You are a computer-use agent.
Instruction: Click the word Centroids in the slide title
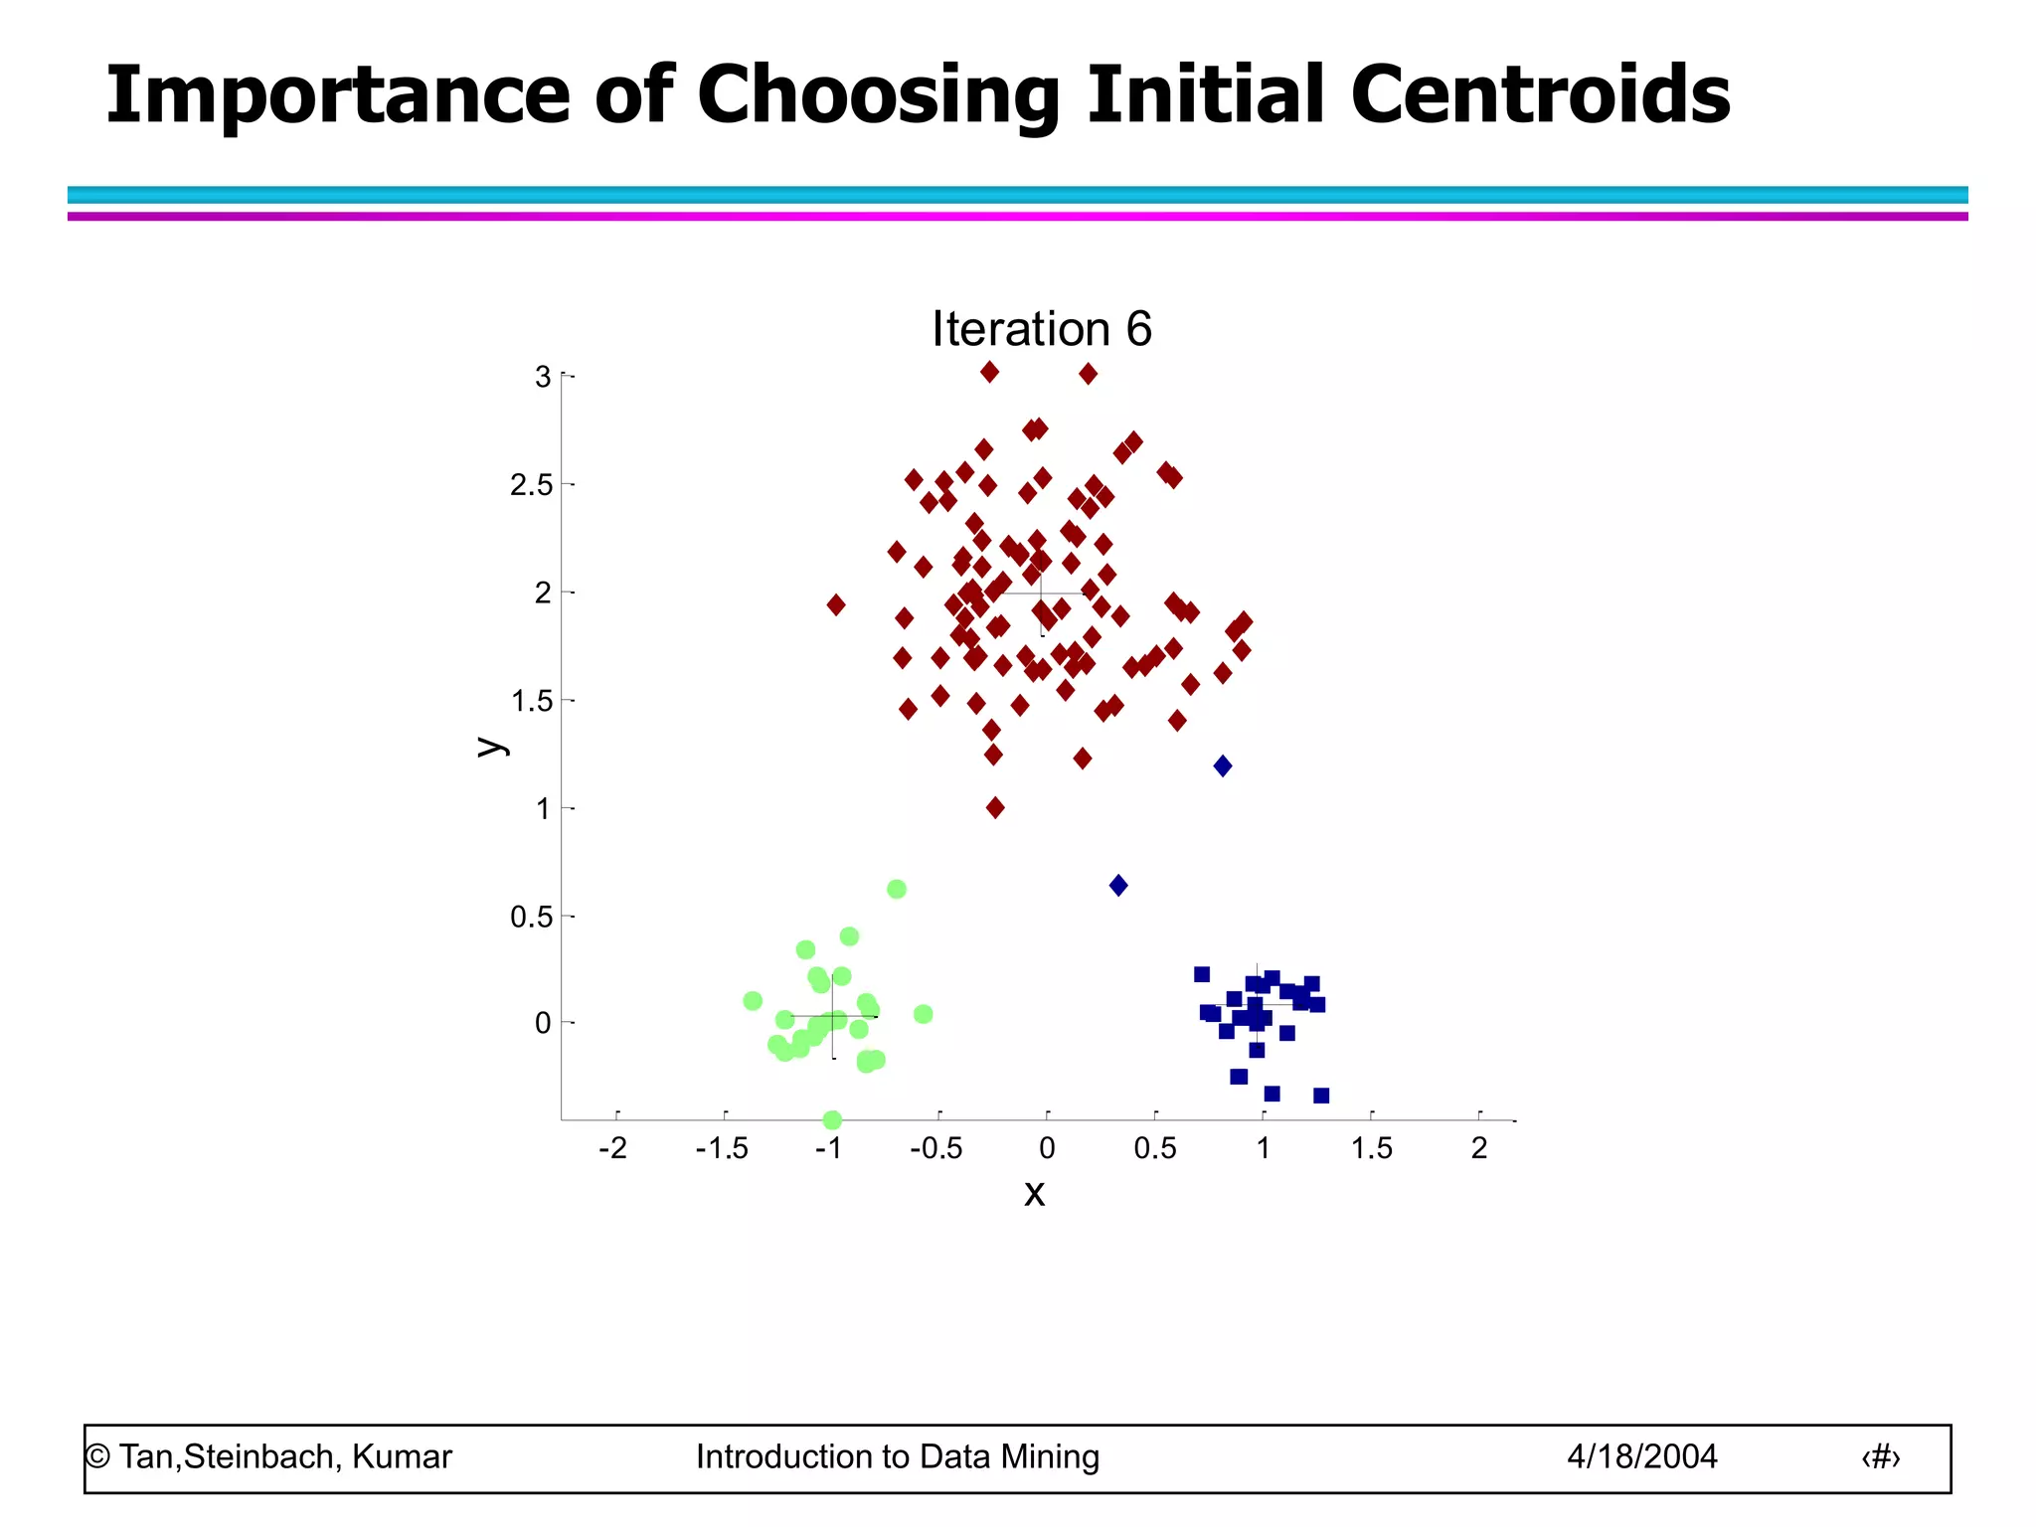1539,95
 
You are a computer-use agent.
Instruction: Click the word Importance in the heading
338,95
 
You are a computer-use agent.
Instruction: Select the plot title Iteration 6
1041,329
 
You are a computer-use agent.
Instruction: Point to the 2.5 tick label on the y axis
531,485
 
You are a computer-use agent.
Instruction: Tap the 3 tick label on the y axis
543,377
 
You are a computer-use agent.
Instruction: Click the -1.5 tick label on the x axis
722,1149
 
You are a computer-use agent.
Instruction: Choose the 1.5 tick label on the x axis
1371,1149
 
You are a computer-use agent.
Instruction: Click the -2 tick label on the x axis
612,1149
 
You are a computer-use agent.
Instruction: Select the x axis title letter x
1034,1193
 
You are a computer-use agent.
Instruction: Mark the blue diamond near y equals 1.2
1223,765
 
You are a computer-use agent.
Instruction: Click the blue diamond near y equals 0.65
1118,886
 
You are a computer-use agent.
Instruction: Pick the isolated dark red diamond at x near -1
836,604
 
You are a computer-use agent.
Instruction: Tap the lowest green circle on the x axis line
833,1120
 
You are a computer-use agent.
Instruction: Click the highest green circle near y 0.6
897,889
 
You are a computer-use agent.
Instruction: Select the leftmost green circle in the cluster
753,1001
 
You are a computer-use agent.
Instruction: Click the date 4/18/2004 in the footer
1642,1457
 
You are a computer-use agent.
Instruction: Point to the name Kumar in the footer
402,1457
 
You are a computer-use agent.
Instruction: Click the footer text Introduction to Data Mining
898,1457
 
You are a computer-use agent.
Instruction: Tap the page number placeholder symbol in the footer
1880,1457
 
